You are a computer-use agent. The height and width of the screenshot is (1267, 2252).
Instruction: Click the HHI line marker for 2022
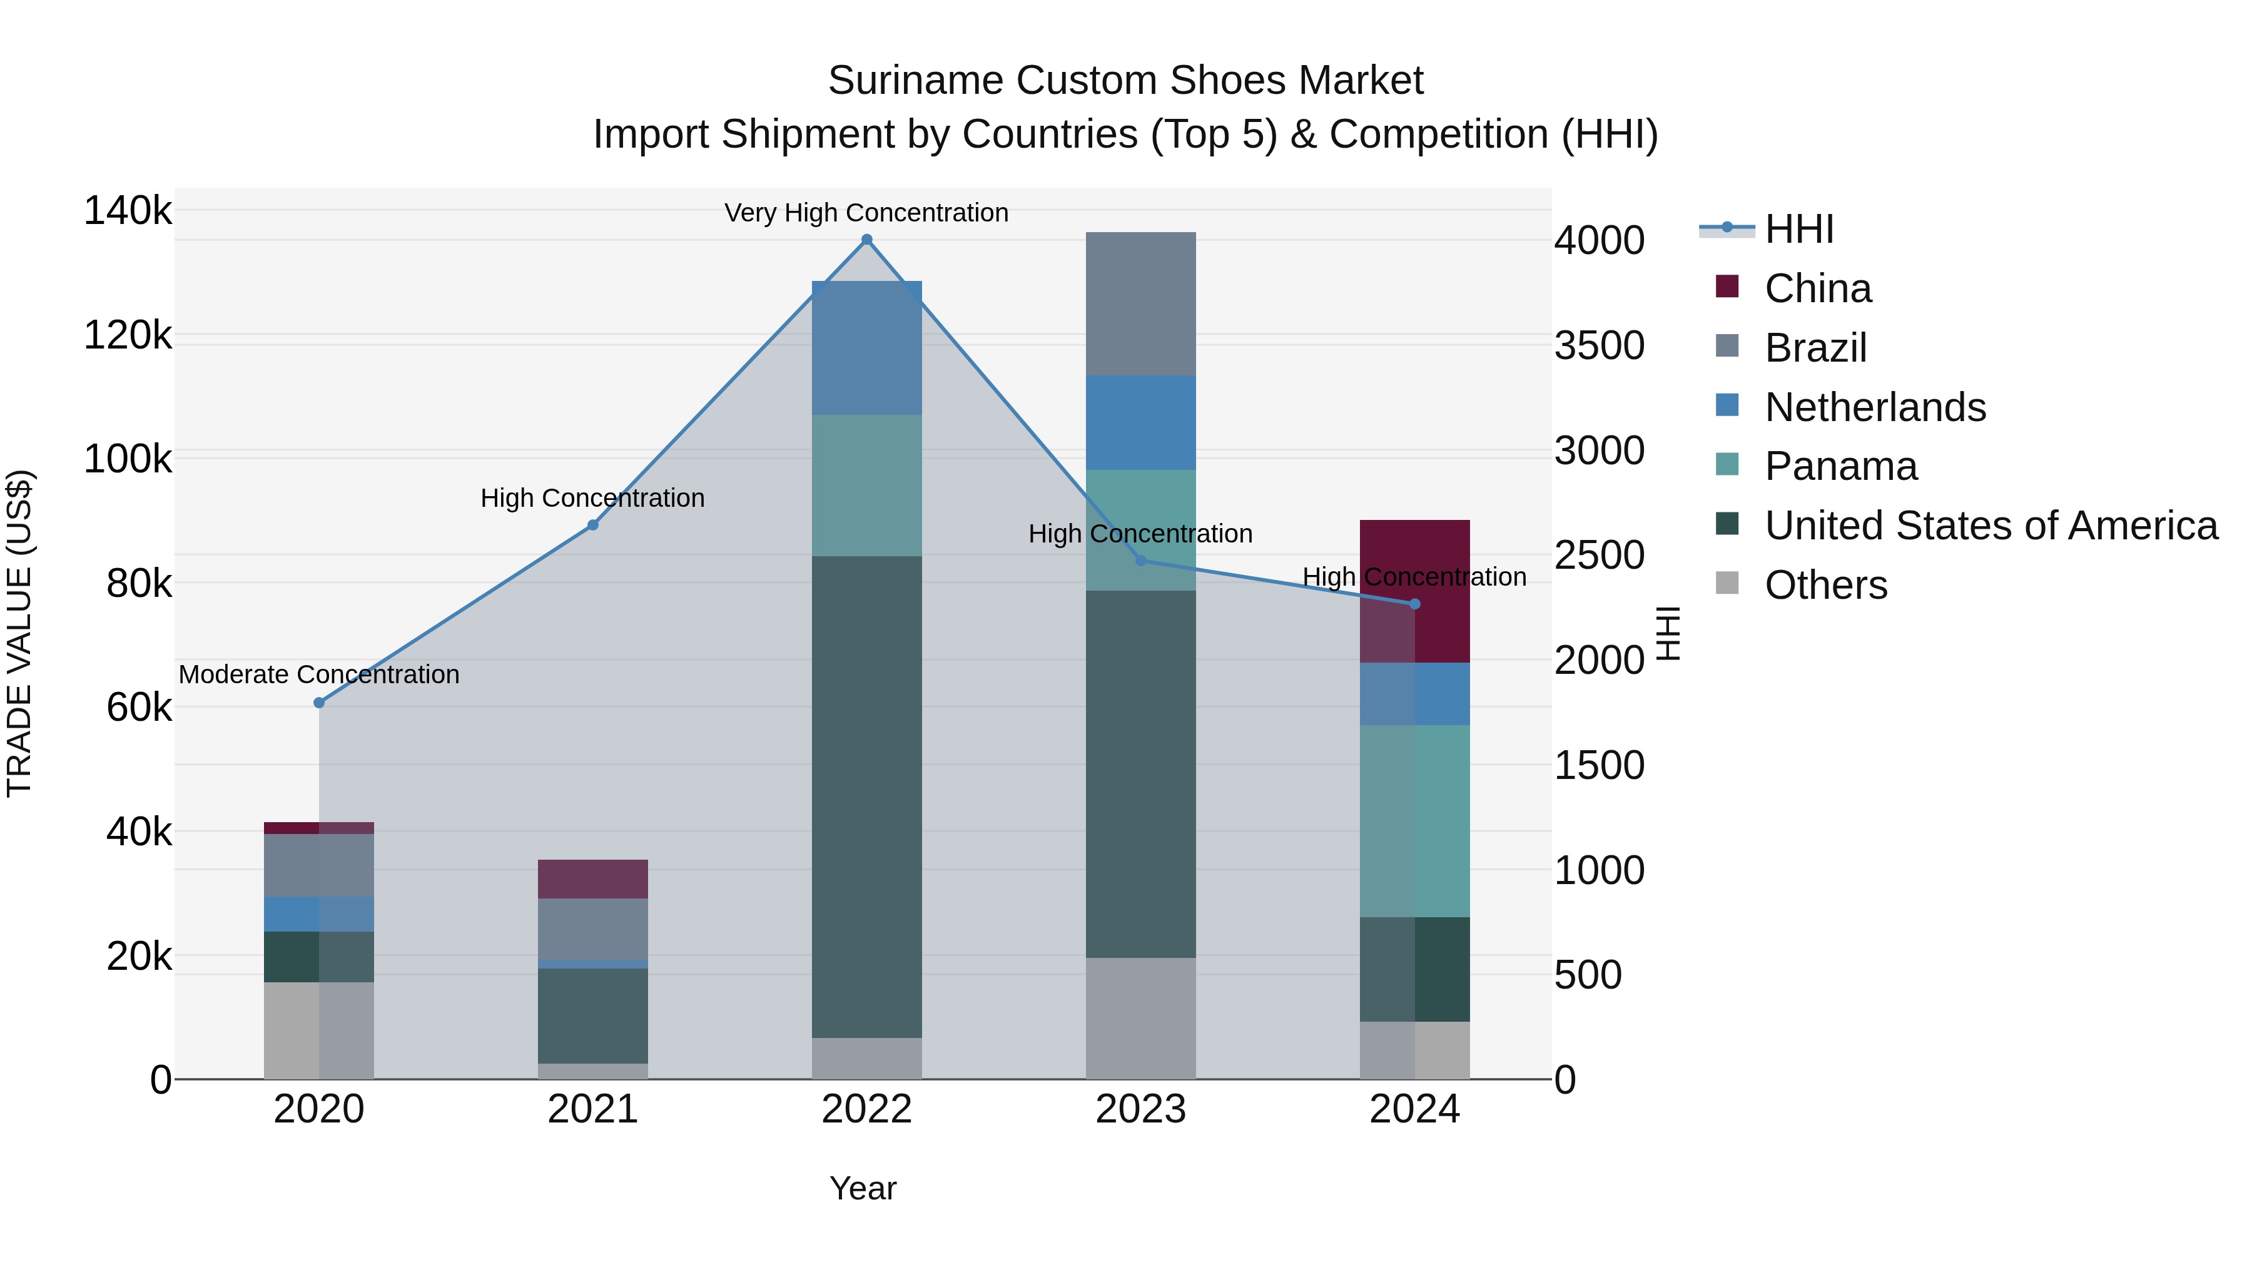point(866,240)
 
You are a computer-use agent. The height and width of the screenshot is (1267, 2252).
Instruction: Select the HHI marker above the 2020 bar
point(319,703)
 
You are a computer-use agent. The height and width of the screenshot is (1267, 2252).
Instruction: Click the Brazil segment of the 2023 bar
point(1140,303)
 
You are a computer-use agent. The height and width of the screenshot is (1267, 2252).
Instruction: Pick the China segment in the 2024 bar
point(1414,591)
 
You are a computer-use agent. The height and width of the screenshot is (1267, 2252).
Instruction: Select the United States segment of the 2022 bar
point(866,796)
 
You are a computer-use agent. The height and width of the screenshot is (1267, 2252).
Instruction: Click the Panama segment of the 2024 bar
point(1414,820)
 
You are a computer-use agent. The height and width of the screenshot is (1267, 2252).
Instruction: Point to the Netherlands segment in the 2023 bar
point(1140,422)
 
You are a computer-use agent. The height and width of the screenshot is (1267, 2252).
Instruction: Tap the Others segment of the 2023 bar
point(1140,1018)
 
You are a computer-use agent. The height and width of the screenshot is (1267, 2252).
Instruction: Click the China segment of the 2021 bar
point(593,879)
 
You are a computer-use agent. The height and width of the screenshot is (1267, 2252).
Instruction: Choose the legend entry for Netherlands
point(1874,407)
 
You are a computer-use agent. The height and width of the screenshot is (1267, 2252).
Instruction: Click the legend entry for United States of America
point(1990,526)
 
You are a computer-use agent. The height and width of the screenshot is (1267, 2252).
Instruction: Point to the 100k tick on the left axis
point(128,460)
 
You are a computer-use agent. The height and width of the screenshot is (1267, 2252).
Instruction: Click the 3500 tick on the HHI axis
point(1599,346)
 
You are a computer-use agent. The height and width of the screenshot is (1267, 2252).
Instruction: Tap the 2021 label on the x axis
point(593,1109)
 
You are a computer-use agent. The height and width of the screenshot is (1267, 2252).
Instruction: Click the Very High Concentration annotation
point(866,213)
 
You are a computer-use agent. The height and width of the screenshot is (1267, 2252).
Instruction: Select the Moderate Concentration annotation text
point(319,674)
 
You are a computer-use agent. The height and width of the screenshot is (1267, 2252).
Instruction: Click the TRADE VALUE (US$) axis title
point(19,633)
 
